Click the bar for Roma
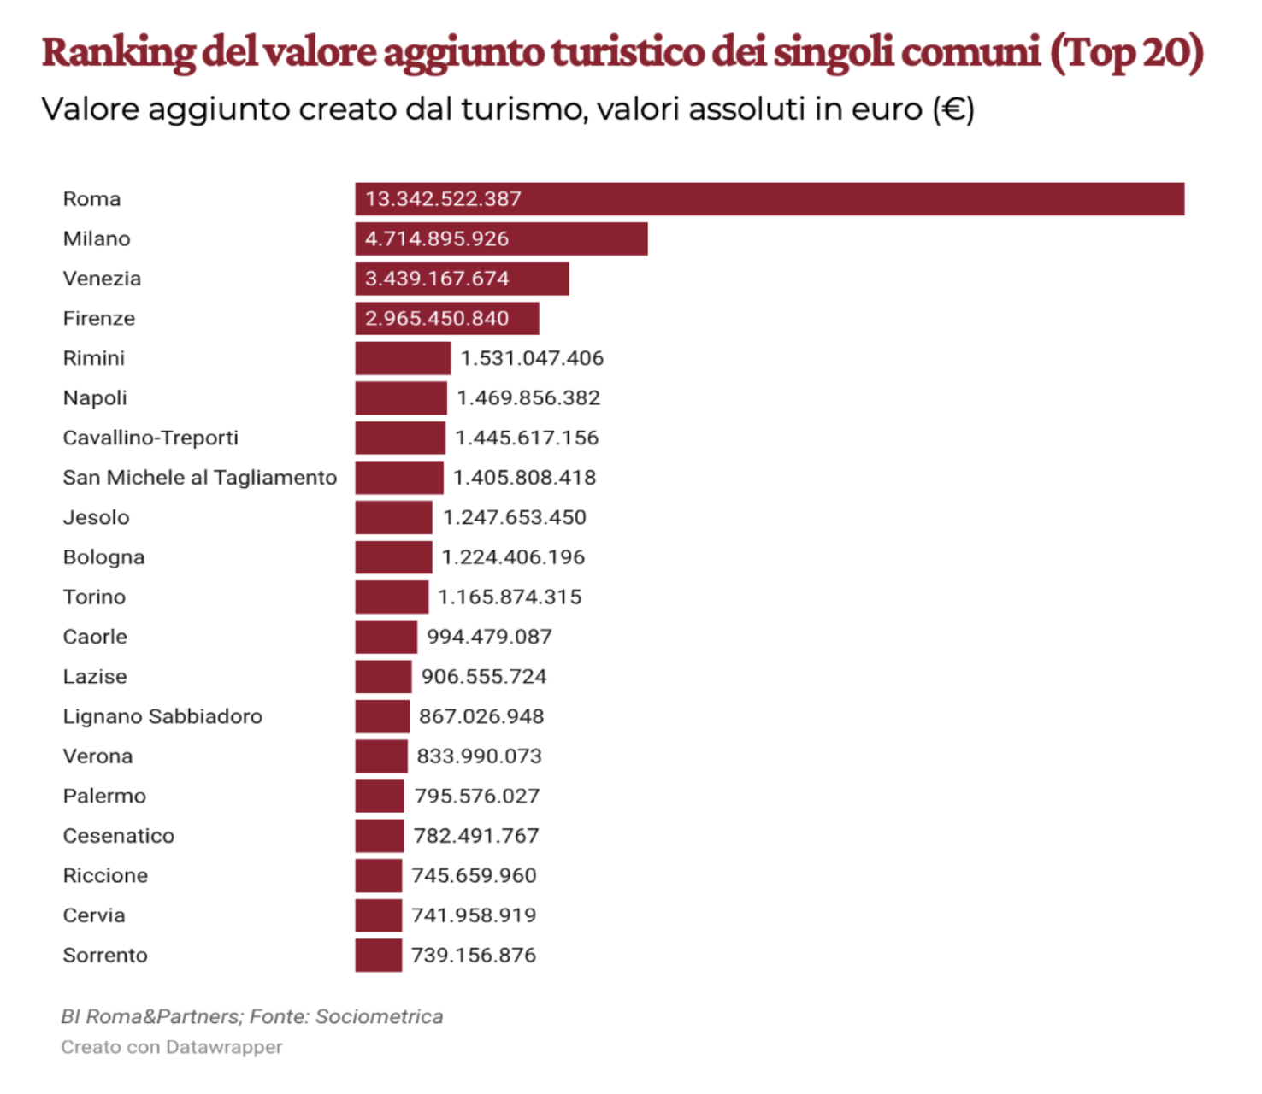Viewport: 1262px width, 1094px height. coord(770,199)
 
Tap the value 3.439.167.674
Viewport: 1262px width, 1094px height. coord(437,279)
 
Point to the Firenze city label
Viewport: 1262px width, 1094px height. coord(99,319)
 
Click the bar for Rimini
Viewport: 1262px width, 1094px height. coord(403,358)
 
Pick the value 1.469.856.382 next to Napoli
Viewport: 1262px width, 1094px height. coord(528,398)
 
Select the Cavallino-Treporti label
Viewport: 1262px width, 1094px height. coord(150,438)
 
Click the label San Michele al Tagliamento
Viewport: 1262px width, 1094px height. coord(200,478)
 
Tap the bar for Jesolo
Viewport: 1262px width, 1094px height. coord(393,517)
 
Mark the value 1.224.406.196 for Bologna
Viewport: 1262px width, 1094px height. coord(513,557)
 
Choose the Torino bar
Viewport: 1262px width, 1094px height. coord(392,597)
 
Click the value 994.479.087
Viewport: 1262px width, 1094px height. coord(489,637)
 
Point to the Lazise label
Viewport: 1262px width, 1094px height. coord(95,677)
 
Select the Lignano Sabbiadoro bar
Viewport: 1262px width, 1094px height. coord(382,716)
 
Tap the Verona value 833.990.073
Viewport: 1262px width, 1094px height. coord(479,756)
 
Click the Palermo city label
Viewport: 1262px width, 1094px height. coord(104,796)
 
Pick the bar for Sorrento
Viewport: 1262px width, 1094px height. coord(378,956)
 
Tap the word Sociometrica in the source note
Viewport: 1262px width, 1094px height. coord(379,1016)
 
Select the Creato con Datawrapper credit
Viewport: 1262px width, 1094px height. coord(171,1047)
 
